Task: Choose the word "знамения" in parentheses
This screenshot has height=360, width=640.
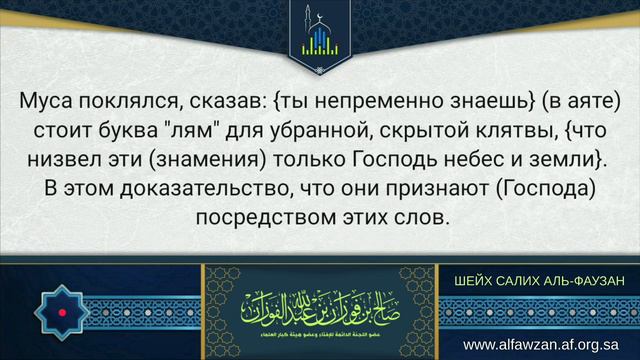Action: [187, 158]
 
